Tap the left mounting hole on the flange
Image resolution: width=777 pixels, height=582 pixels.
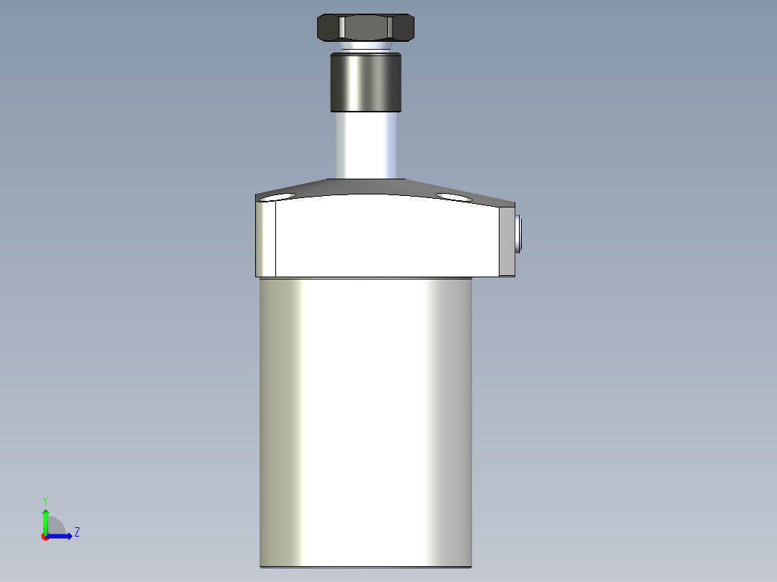pos(278,197)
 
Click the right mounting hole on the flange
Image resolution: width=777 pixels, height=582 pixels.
pos(454,197)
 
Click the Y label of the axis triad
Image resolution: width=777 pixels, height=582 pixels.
pos(45,500)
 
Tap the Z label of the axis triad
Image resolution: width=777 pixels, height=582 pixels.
pos(76,532)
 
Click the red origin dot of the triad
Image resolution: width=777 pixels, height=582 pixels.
pos(45,536)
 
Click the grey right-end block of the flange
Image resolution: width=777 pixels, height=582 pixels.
pos(506,241)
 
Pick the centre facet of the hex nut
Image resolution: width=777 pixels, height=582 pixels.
pos(365,28)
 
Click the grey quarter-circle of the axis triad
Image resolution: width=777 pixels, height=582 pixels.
pos(55,527)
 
